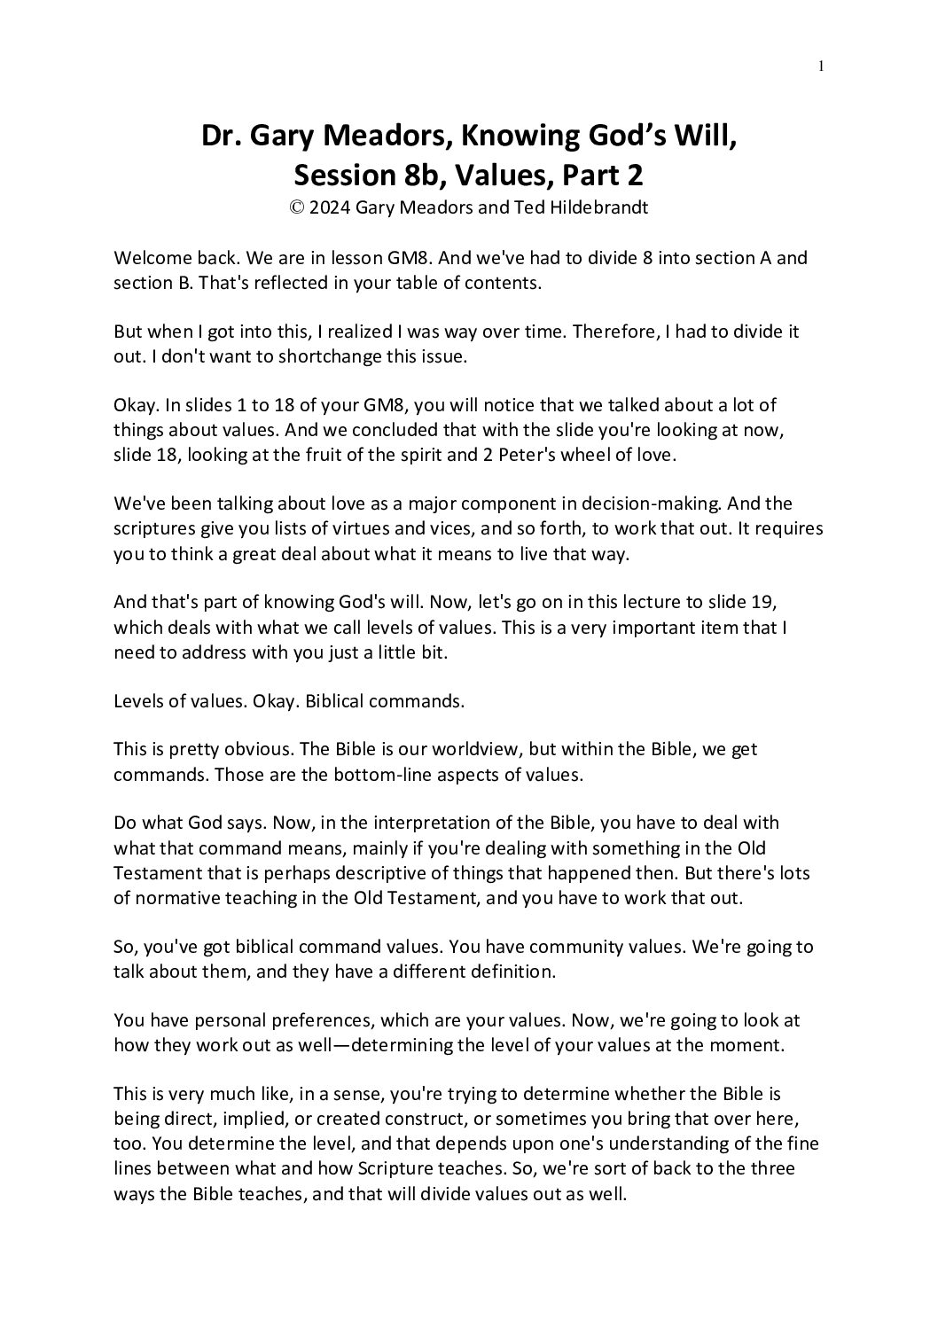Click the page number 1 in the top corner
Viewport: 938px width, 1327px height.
pyautogui.click(x=821, y=65)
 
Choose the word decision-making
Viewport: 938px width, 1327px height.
pyautogui.click(x=649, y=504)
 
